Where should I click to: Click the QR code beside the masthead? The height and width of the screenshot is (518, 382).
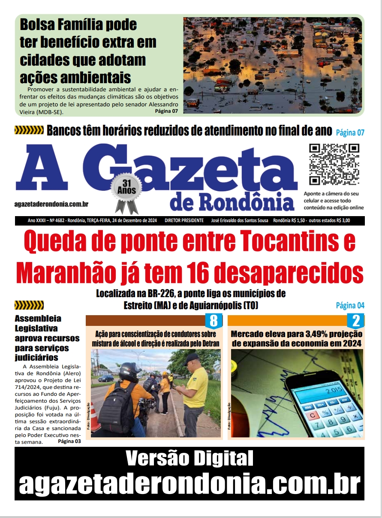334,164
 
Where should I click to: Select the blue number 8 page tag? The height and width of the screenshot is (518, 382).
214,321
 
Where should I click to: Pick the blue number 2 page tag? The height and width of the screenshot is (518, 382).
355,321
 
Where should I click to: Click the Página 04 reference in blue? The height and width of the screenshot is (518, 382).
350,305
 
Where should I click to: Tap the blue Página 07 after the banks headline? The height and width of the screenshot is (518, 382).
350,133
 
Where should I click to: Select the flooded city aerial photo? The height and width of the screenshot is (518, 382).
273,65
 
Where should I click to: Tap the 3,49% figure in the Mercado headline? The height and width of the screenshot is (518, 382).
302,334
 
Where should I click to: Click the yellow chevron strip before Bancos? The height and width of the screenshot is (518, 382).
29,130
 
